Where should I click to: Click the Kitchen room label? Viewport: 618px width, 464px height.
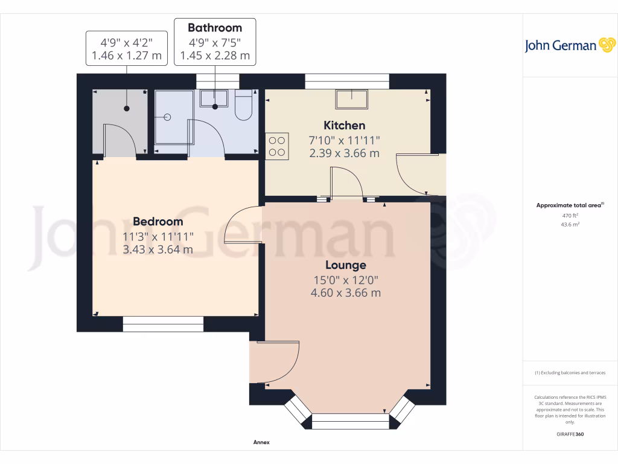pyautogui.click(x=345, y=126)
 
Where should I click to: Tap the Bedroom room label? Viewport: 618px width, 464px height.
pyautogui.click(x=158, y=222)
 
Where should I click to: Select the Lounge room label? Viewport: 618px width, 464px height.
pyautogui.click(x=346, y=265)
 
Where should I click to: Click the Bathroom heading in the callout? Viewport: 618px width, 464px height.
pyautogui.click(x=215, y=28)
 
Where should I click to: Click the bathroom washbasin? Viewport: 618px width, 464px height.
pyautogui.click(x=214, y=98)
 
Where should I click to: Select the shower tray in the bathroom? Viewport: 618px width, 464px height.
pyautogui.click(x=174, y=120)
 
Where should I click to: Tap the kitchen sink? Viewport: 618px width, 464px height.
pyautogui.click(x=352, y=99)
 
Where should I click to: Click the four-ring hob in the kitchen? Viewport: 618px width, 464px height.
pyautogui.click(x=277, y=146)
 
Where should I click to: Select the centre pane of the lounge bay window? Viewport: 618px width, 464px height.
pyautogui.click(x=351, y=421)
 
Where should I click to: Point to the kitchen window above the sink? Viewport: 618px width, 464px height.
pyautogui.click(x=347, y=82)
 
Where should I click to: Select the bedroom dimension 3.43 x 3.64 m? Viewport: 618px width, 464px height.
pyautogui.click(x=158, y=249)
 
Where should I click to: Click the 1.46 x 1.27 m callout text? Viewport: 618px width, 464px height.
pyautogui.click(x=126, y=56)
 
